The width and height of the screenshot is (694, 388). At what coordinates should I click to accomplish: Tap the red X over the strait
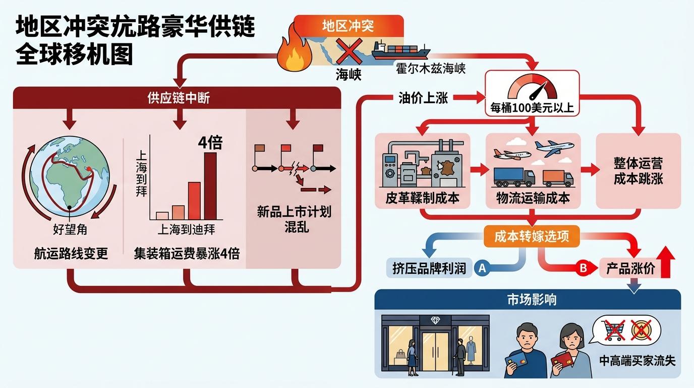[347, 53]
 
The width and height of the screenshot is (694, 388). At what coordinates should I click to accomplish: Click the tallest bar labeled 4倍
[210, 185]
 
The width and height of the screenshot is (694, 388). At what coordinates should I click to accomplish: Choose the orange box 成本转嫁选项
[532, 236]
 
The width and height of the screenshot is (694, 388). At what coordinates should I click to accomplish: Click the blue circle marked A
[482, 268]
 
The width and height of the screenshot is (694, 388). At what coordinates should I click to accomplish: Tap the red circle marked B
[583, 268]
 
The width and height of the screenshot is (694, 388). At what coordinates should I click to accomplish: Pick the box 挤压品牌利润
[429, 268]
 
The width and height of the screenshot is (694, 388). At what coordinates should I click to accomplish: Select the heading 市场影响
[528, 300]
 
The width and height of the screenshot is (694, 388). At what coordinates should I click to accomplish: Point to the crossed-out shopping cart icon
[614, 329]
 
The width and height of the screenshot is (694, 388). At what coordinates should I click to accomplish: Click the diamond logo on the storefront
[435, 320]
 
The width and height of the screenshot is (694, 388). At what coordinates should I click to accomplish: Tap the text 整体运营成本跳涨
[638, 171]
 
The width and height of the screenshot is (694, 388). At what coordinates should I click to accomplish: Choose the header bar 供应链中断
[179, 98]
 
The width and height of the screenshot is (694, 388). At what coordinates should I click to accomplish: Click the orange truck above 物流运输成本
[557, 177]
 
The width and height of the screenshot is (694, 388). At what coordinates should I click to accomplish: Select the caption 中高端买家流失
[637, 361]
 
